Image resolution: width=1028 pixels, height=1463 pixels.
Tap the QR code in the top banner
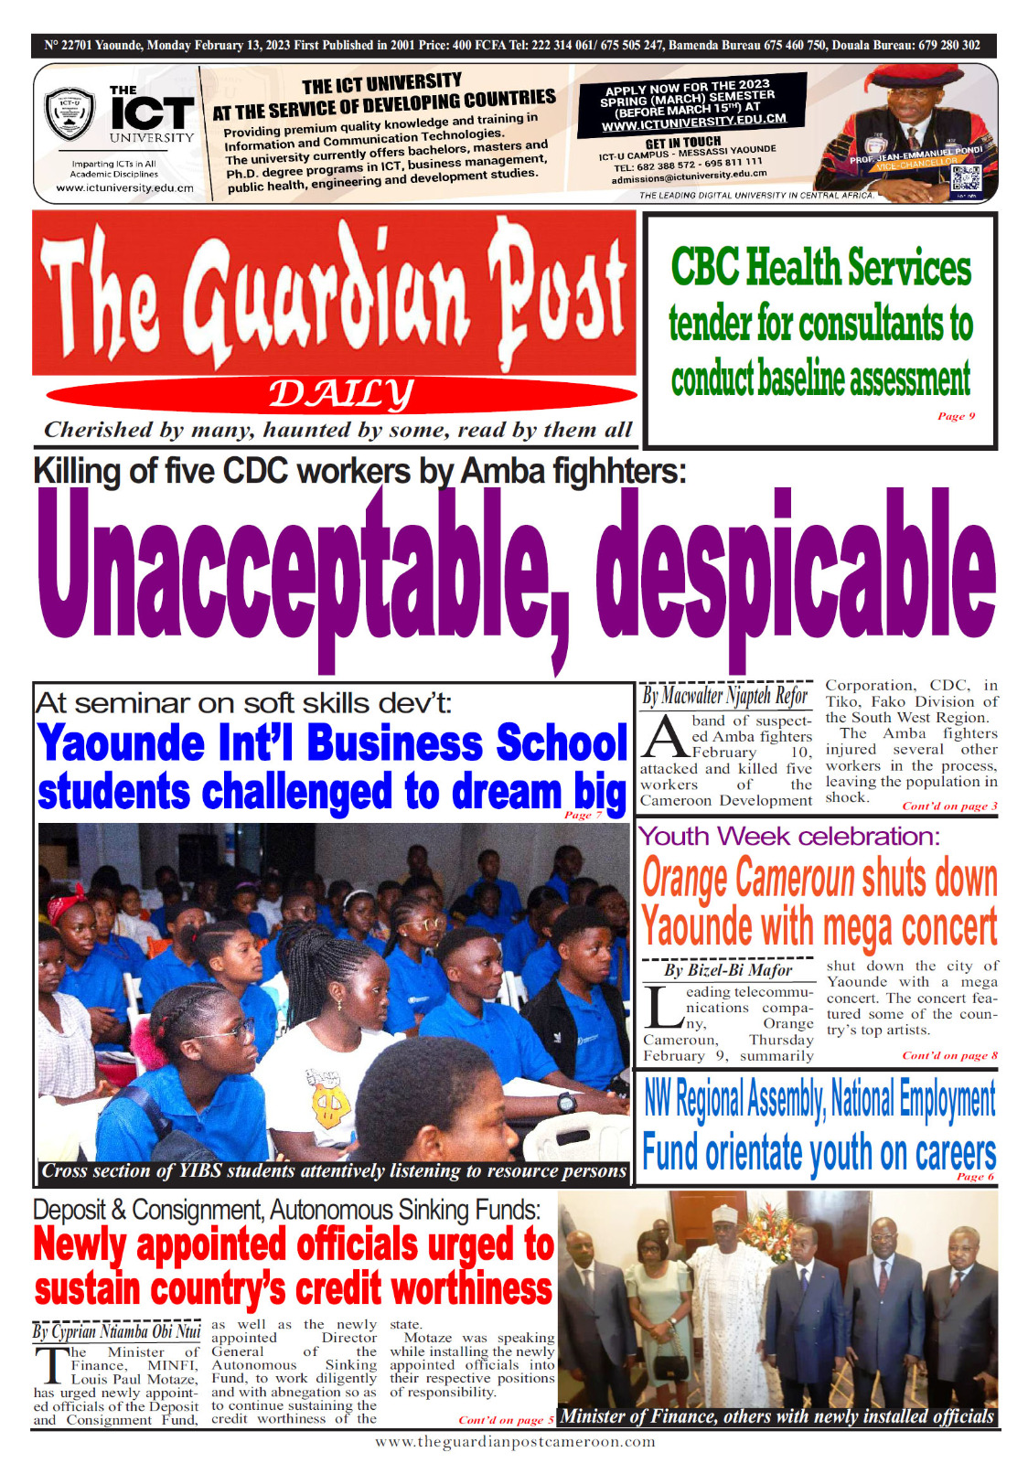pyautogui.click(x=966, y=180)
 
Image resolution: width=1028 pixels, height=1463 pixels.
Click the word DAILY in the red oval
pyautogui.click(x=340, y=394)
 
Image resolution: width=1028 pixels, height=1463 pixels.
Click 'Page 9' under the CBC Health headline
pyautogui.click(x=956, y=416)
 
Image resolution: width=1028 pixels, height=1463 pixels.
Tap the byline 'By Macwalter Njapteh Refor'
pyautogui.click(x=724, y=697)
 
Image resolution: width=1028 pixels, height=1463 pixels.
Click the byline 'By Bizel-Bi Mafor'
pyautogui.click(x=728, y=970)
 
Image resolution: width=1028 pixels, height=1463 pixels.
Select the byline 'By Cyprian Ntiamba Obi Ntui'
pyautogui.click(x=116, y=1331)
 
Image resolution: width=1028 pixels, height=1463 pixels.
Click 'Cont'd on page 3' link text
pyautogui.click(x=949, y=806)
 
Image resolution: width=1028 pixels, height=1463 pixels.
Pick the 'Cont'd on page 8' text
pyautogui.click(x=949, y=1055)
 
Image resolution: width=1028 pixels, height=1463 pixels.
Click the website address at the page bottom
pyautogui.click(x=515, y=1442)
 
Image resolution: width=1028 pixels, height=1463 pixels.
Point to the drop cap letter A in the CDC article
pyautogui.click(x=663, y=737)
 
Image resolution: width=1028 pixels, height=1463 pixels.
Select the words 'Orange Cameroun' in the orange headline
pyautogui.click(x=748, y=878)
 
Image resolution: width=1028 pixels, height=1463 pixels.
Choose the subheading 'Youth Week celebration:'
pyautogui.click(x=788, y=836)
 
